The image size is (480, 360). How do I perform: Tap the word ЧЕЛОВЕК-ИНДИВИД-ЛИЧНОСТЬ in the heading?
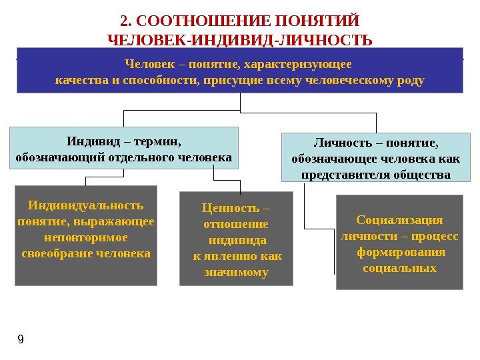coord(240,40)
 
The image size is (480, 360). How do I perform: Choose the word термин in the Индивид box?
coord(157,141)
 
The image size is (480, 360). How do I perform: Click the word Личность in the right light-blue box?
coord(339,143)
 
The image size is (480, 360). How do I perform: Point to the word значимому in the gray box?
coord(237,272)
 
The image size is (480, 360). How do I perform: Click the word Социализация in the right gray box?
coord(399,220)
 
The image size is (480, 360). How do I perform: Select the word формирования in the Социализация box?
coord(399,252)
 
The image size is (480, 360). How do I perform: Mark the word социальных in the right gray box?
coord(399,268)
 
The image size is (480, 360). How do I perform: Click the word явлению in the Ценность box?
coord(231,256)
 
